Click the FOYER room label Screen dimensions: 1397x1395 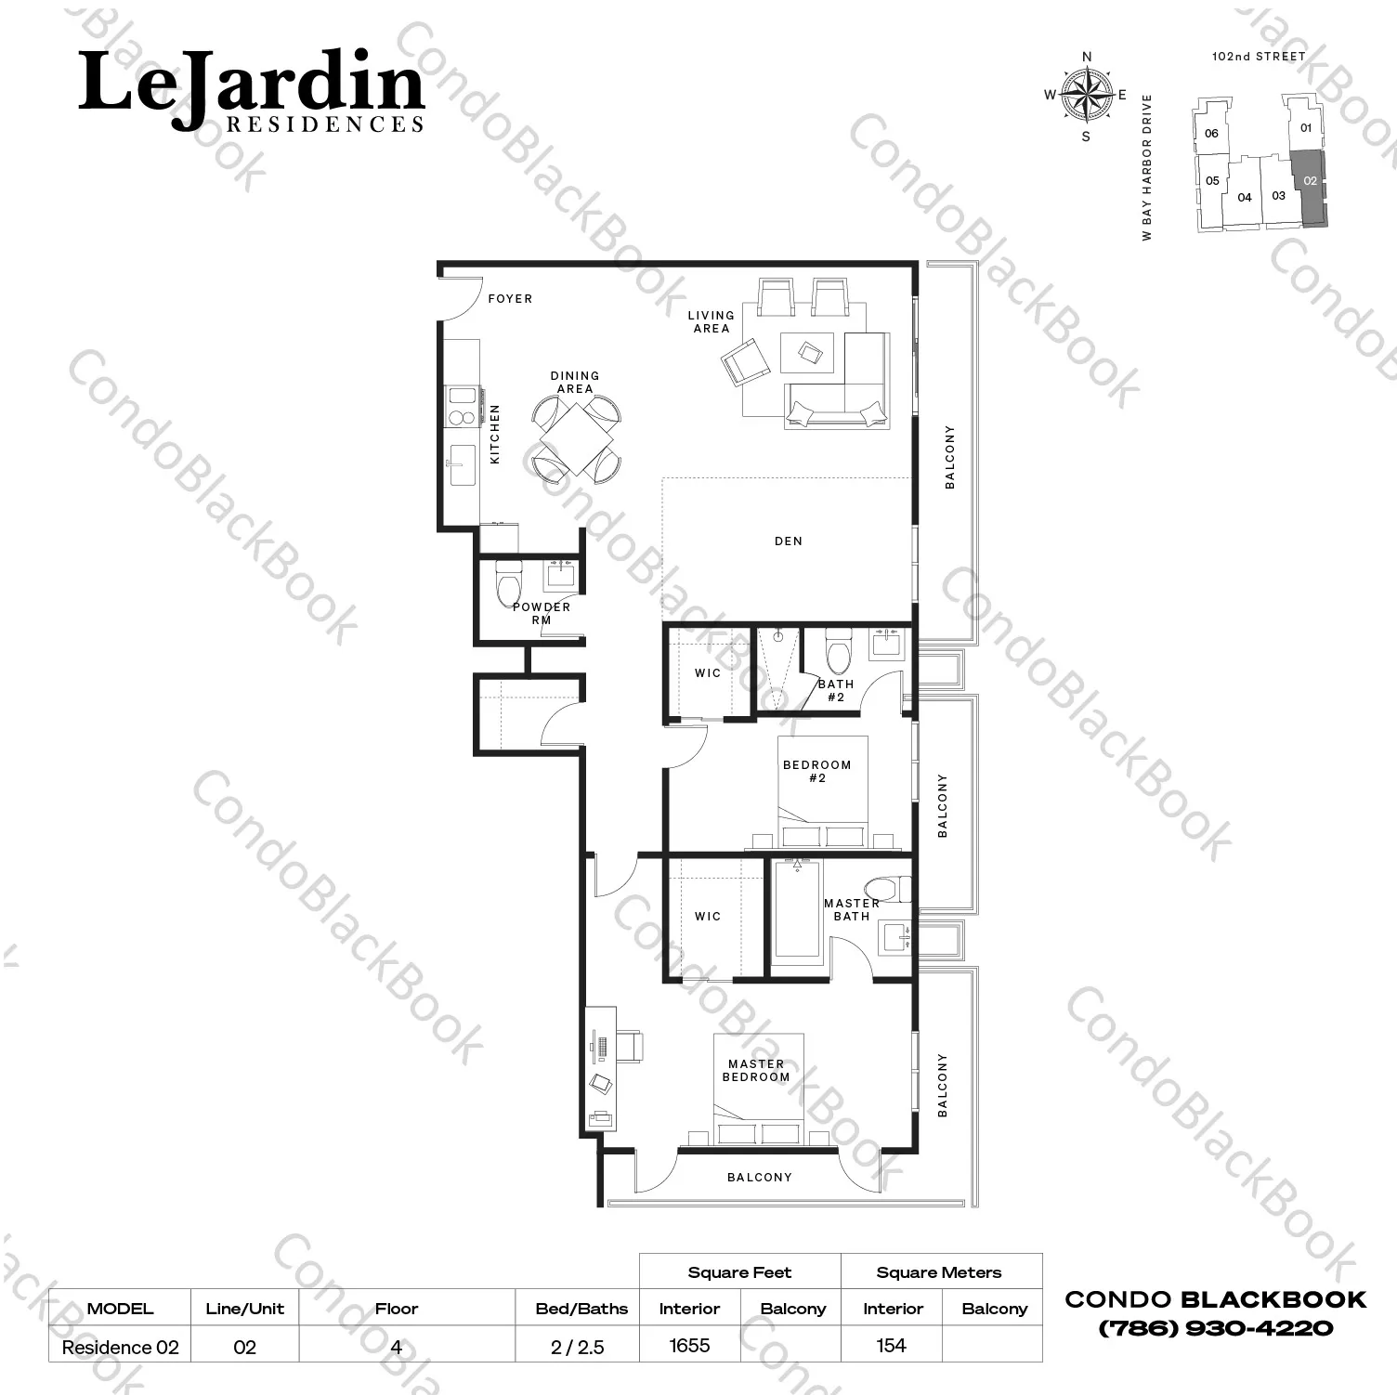click(510, 299)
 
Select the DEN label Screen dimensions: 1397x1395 click(789, 541)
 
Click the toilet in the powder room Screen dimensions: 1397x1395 click(508, 582)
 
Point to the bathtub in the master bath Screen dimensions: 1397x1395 click(797, 908)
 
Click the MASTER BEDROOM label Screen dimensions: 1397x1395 click(756, 1071)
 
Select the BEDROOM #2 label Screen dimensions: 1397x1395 click(817, 772)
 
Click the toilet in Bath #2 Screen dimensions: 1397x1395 click(839, 651)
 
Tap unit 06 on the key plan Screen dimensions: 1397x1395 click(1211, 134)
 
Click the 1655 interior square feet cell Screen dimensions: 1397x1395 click(689, 1345)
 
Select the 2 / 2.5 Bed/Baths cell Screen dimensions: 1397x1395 click(578, 1347)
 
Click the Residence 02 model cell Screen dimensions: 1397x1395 click(120, 1347)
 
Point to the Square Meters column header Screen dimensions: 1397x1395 click(939, 1272)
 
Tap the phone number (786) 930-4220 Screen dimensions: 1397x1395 click(1216, 1328)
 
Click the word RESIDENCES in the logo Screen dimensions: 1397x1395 click(325, 124)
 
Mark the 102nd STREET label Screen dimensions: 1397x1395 click(1259, 57)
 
